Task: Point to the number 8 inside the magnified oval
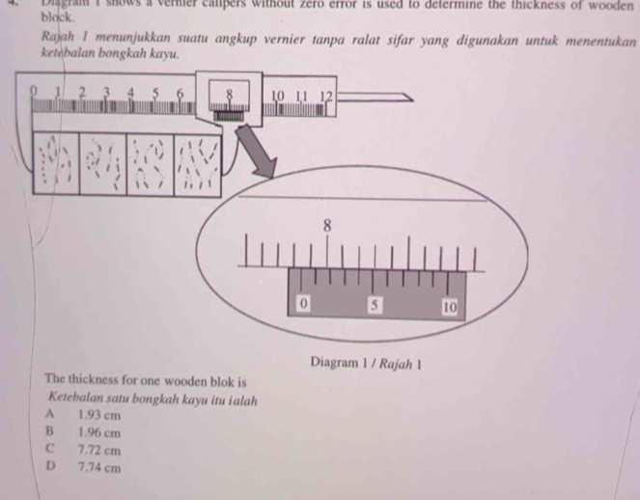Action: click(327, 224)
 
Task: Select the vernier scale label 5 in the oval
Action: click(376, 306)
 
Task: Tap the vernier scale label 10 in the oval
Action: click(449, 307)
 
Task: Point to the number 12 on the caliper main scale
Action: click(325, 96)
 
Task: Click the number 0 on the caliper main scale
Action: click(34, 91)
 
